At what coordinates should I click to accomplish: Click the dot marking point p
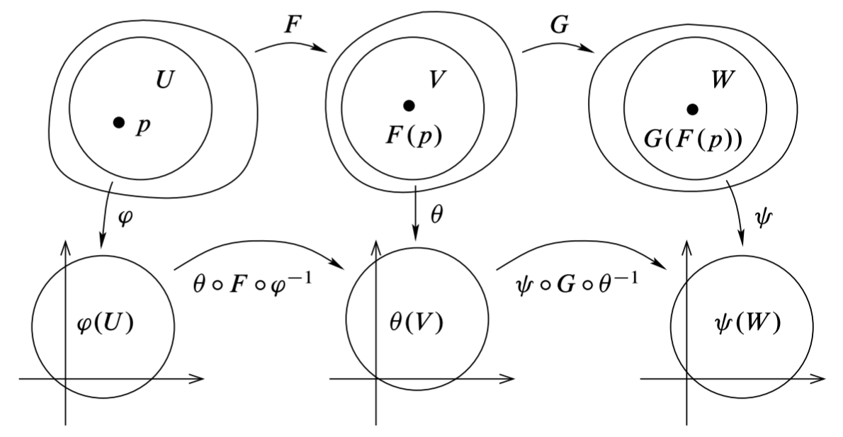[119, 123]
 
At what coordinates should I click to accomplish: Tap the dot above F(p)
[409, 106]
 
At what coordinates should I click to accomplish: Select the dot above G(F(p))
[692, 108]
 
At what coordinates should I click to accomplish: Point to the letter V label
[437, 79]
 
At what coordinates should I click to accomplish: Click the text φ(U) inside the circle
[104, 324]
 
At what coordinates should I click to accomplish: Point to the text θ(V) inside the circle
[416, 324]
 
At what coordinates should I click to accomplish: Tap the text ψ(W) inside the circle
[747, 324]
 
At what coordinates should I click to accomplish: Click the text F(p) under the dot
[409, 136]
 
